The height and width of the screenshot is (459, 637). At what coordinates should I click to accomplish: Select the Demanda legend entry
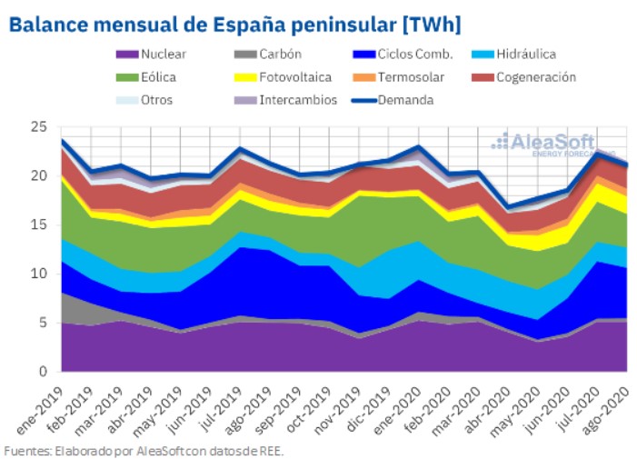(407, 100)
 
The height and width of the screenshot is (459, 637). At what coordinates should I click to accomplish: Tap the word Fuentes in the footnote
(24, 449)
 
